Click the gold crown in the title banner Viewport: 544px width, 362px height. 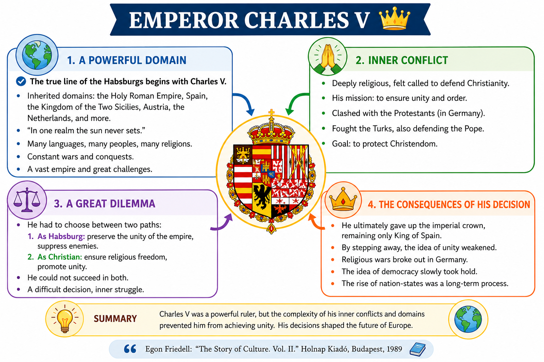click(395, 18)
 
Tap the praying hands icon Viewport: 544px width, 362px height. click(328, 58)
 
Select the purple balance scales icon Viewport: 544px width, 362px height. click(27, 200)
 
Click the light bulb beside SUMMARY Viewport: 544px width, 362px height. click(64, 319)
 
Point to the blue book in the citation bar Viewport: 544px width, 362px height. click(418, 349)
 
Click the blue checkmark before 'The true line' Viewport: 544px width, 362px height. click(21, 81)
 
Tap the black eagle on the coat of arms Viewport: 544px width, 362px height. click(261, 197)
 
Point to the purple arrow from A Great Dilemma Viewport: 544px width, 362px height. click(223, 224)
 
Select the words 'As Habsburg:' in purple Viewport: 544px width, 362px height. click(61, 236)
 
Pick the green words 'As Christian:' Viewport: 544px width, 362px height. click(60, 257)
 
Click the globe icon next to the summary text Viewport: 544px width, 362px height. click(468, 319)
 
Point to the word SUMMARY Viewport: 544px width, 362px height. click(115, 319)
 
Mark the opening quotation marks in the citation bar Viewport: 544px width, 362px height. click(130, 349)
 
